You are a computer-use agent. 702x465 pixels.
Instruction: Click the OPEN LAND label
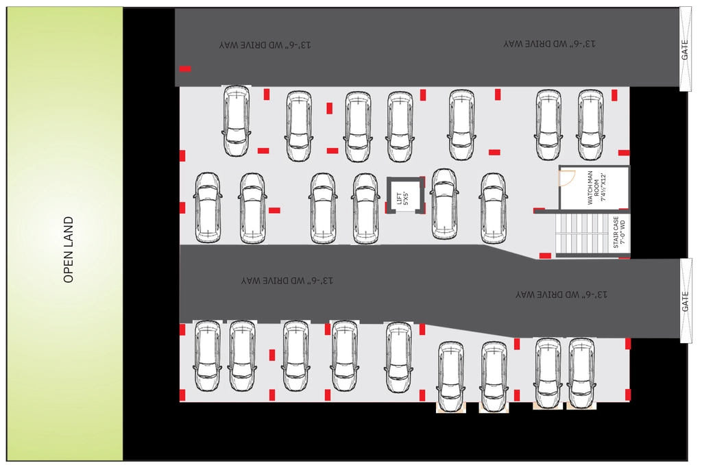click(69, 249)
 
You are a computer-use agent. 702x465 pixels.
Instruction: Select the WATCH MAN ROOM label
click(596, 188)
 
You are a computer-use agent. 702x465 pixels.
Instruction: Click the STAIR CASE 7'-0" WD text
click(619, 233)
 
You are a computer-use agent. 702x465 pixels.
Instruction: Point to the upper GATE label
click(685, 49)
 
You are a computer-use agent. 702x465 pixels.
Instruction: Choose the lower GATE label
click(685, 301)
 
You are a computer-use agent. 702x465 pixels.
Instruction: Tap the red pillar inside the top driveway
click(185, 69)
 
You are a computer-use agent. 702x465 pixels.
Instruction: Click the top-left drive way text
click(265, 45)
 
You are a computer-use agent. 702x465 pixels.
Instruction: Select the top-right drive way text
click(549, 44)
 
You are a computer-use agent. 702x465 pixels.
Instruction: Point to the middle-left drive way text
click(287, 281)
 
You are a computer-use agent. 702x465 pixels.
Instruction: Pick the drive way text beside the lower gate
click(561, 294)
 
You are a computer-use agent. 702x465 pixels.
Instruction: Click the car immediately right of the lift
click(444, 204)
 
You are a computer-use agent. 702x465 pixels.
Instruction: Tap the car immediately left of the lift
click(366, 209)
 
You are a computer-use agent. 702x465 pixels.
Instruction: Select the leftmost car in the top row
click(236, 121)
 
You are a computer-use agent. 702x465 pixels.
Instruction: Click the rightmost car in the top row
click(590, 125)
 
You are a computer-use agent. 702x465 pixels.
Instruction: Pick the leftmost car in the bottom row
click(207, 356)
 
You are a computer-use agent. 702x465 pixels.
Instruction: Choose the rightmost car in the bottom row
click(581, 373)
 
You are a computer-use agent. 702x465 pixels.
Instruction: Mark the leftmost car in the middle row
click(208, 208)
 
